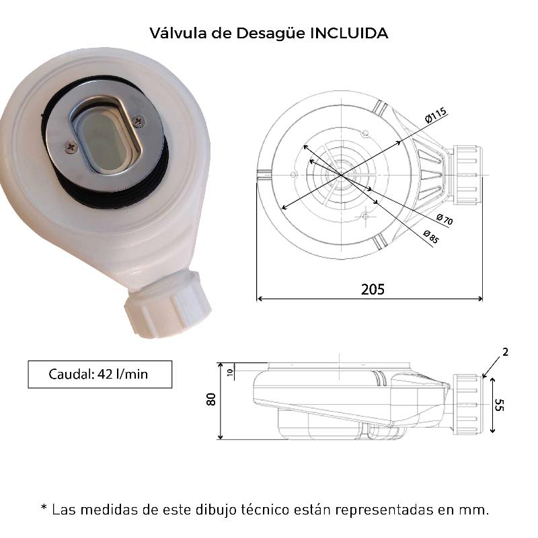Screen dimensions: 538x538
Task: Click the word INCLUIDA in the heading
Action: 349,33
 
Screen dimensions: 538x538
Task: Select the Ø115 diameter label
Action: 436,115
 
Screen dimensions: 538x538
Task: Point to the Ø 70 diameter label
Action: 445,219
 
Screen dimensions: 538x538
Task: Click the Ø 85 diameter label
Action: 431,237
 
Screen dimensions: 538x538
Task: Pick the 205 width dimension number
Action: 373,290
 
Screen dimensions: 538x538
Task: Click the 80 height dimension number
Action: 211,399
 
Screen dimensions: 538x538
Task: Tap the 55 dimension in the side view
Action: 500,405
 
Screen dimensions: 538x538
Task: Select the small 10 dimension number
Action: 230,372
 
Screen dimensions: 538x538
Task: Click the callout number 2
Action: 505,352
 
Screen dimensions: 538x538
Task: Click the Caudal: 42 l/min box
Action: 100,375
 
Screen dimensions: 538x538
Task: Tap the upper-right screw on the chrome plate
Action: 139,121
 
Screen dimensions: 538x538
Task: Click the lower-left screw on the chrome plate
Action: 71,147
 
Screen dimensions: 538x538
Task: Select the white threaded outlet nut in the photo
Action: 167,303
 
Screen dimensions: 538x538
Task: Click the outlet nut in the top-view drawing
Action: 468,175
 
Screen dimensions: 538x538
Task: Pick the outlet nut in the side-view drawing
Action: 467,405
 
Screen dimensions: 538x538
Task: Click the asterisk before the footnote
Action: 44,507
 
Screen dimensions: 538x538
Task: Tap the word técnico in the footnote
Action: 265,510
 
